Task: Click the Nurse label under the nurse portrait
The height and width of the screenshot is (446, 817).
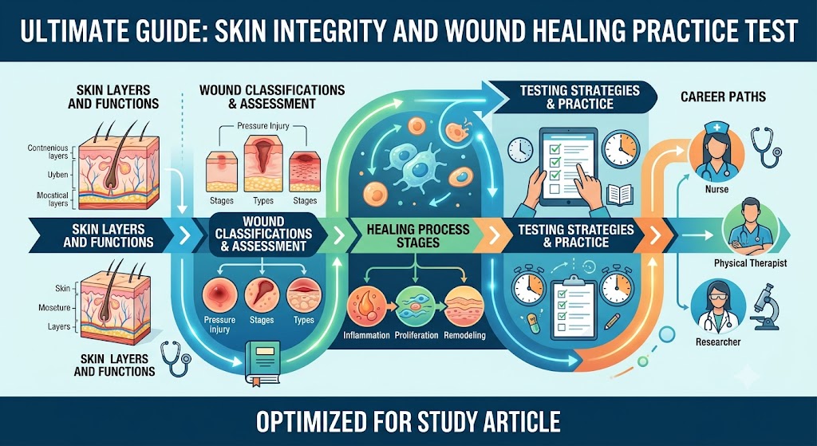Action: [716, 190]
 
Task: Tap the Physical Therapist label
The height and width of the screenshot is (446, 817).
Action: [750, 263]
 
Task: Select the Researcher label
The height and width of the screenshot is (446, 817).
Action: [718, 342]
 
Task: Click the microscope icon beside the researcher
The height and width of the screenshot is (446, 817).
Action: [765, 306]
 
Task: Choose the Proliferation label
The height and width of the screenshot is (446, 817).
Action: [416, 335]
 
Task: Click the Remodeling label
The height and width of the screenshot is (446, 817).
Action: [465, 335]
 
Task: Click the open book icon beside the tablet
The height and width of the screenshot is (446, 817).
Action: [620, 195]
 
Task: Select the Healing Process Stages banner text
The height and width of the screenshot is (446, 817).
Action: [418, 236]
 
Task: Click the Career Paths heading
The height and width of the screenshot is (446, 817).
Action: [723, 97]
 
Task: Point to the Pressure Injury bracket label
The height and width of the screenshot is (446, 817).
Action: [263, 125]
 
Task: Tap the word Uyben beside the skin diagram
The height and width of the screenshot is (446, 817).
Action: [57, 175]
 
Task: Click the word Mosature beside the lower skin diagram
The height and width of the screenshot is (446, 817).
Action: [54, 308]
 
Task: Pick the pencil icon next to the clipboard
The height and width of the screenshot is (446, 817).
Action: [613, 321]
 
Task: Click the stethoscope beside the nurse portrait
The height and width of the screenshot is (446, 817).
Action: [765, 148]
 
